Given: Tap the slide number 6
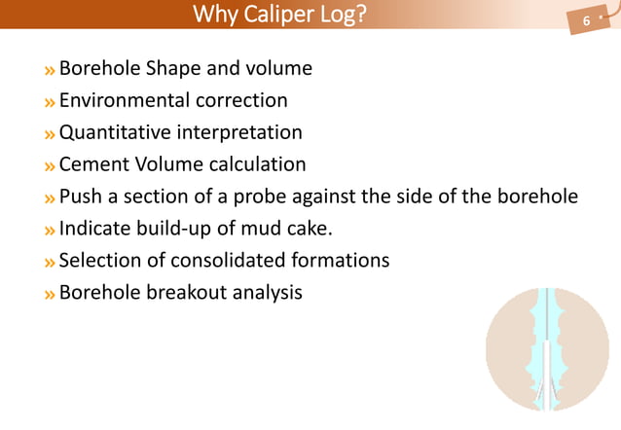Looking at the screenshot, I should pyautogui.click(x=586, y=21).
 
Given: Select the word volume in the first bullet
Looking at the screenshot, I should pyautogui.click(x=279, y=69).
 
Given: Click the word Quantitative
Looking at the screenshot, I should pyautogui.click(x=118, y=132).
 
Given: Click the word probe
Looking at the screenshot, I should pyautogui.click(x=261, y=197).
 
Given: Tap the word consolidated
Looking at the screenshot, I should pyautogui.click(x=232, y=261).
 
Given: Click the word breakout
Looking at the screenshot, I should pyautogui.click(x=185, y=292).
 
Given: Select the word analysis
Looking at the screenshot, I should pyautogui.click(x=266, y=292).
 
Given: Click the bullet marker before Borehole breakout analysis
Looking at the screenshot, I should pyautogui.click(x=48, y=293).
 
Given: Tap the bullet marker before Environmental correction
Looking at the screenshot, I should pyautogui.click(x=48, y=101).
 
